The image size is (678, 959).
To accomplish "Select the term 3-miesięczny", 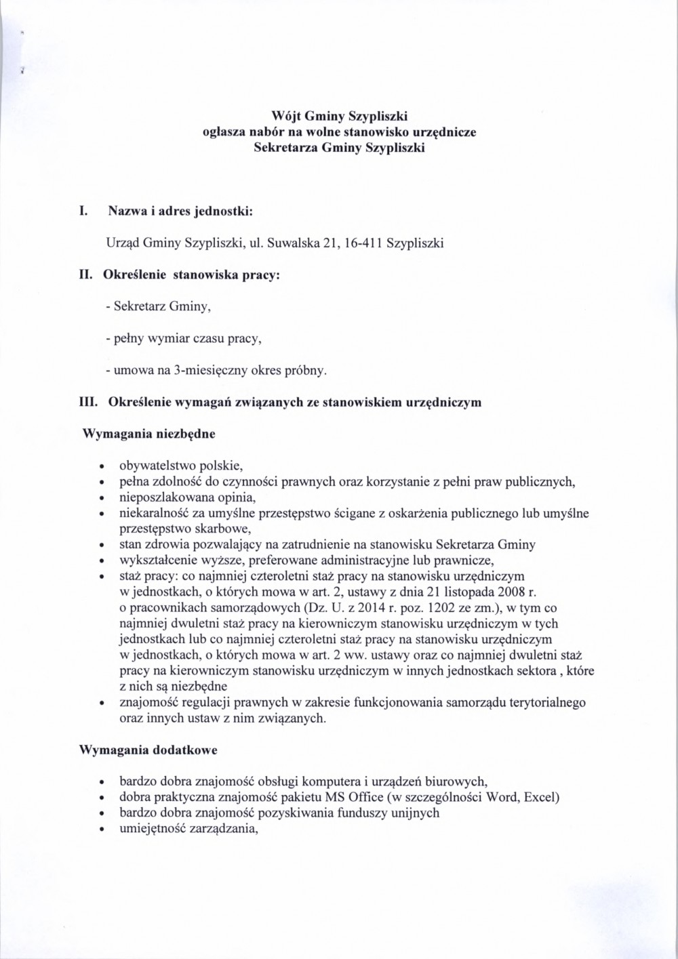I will tap(206, 371).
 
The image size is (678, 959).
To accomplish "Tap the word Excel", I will tap(542, 797).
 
